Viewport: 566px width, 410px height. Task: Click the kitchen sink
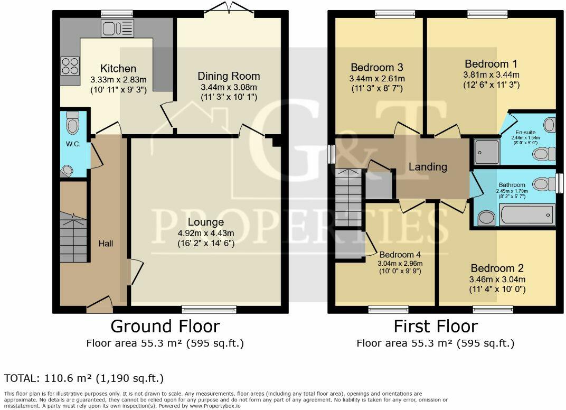click(117, 29)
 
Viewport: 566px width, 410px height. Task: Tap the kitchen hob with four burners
click(70, 66)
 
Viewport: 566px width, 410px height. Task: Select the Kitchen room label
click(118, 68)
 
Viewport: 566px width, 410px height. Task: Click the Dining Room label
click(229, 76)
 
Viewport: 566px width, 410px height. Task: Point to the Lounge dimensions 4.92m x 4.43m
click(206, 233)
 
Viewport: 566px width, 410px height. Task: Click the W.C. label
click(73, 144)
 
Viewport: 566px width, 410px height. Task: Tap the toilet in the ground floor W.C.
click(72, 123)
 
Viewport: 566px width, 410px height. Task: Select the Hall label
click(106, 244)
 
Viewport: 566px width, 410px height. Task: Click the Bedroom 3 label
click(377, 67)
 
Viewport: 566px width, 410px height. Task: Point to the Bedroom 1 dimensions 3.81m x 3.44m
click(491, 75)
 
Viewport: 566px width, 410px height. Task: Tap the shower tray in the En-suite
click(487, 152)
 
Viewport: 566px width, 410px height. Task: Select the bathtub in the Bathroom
click(527, 215)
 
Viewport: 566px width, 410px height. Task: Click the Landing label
click(428, 166)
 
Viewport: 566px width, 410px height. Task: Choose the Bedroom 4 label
click(400, 254)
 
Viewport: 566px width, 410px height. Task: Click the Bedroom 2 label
click(497, 268)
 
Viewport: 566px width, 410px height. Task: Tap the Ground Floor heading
click(165, 326)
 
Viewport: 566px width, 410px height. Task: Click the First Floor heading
click(436, 326)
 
